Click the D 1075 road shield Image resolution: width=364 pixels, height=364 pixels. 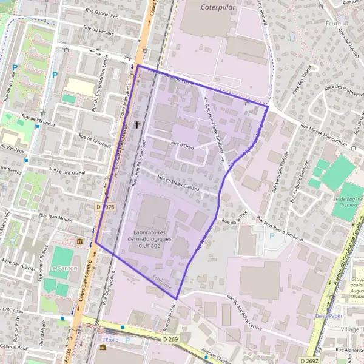[105, 207]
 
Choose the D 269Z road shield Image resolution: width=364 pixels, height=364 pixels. [309, 360]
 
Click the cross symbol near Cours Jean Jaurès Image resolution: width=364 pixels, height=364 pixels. [137, 124]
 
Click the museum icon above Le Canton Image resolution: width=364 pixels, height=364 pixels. [81, 243]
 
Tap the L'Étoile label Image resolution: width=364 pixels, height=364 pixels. [111, 339]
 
